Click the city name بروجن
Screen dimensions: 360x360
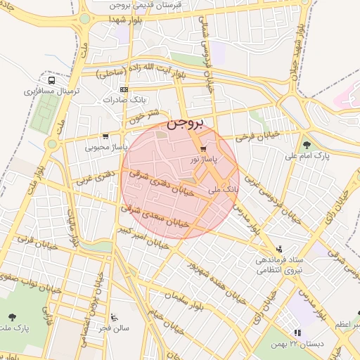tap(186, 124)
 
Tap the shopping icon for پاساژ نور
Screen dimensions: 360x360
tap(203, 149)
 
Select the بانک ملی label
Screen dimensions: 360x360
tap(224, 190)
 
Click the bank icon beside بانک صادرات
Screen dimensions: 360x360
tap(124, 89)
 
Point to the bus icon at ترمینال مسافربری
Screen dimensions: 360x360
tap(52, 81)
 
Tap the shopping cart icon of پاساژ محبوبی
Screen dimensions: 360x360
tap(105, 136)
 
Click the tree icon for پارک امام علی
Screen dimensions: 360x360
tap(307, 145)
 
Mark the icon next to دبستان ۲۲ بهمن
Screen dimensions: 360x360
tap(297, 333)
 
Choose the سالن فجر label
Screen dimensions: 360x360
tap(115, 328)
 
